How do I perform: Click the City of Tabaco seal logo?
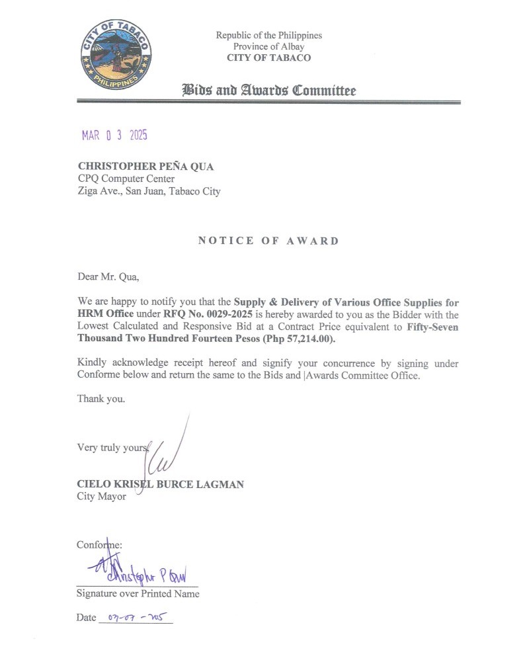pyautogui.click(x=116, y=55)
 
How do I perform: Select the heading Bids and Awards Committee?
pyautogui.click(x=268, y=90)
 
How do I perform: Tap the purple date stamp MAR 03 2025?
pyautogui.click(x=114, y=136)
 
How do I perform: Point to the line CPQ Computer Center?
pyautogui.click(x=126, y=179)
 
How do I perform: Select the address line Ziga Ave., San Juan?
pyautogui.click(x=149, y=192)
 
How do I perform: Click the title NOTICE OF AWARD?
pyautogui.click(x=268, y=241)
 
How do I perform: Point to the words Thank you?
pyautogui.click(x=101, y=399)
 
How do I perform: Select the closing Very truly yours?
pyautogui.click(x=112, y=447)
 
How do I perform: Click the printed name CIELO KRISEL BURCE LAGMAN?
pyautogui.click(x=161, y=484)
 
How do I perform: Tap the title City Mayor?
pyautogui.click(x=102, y=496)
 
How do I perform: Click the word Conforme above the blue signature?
pyautogui.click(x=99, y=544)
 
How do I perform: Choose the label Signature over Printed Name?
pyautogui.click(x=138, y=593)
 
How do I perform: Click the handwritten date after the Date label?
pyautogui.click(x=136, y=618)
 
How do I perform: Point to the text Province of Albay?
pyautogui.click(x=268, y=46)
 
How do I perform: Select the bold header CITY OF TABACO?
pyautogui.click(x=268, y=58)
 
